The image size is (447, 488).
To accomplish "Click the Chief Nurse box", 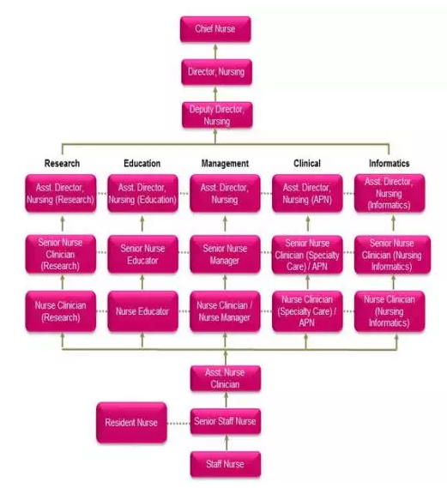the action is pos(215,29).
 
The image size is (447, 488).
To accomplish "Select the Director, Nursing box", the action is pos(216,72).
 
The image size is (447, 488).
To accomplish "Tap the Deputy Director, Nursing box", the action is pos(217,115).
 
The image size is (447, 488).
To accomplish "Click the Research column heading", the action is pos(62,163).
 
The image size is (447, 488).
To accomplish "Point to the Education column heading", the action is pos(142,163).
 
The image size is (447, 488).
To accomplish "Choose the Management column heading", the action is pos(225,163).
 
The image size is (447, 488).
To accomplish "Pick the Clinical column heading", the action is pos(307,163).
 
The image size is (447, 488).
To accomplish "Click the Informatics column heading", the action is pos(390,163).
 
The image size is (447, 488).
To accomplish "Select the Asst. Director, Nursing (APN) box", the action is pos(307,193).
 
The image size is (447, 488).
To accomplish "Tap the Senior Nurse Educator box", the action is pos(143,254).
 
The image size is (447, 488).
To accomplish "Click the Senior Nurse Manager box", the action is pos(225,254).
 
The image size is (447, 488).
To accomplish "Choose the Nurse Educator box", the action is pos(143,311).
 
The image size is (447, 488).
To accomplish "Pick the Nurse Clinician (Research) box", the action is pos(61,311).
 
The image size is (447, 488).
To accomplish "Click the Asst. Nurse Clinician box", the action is pos(226,378).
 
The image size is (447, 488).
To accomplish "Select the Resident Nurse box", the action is pos(131,422).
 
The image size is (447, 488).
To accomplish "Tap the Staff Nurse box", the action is pos(226,464).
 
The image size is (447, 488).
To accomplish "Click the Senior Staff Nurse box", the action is pos(226,421).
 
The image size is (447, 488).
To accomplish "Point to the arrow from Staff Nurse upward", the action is pos(227,443).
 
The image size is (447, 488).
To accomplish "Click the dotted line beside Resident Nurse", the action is pos(178,424).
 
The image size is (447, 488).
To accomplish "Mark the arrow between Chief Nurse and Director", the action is pos(215,51).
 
